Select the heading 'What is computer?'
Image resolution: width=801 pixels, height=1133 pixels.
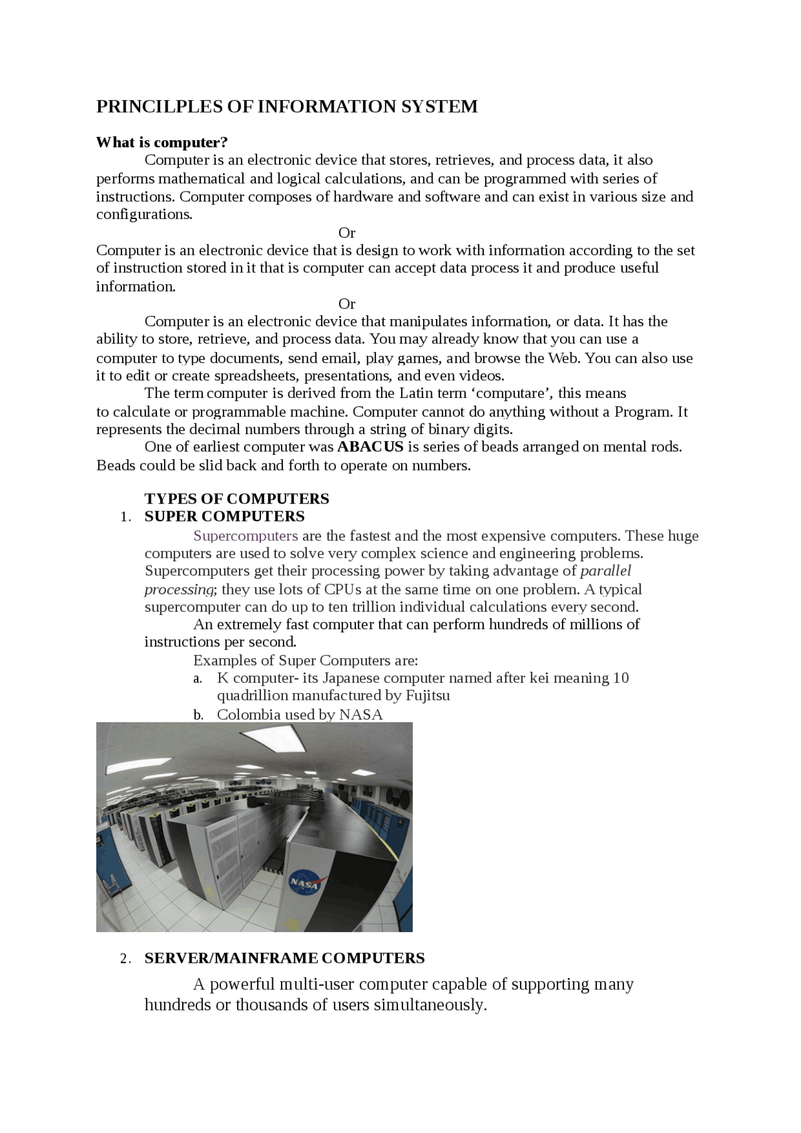pyautogui.click(x=161, y=143)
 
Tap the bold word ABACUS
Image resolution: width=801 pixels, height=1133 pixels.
pyautogui.click(x=370, y=447)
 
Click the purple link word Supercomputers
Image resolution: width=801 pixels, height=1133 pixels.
pyautogui.click(x=245, y=536)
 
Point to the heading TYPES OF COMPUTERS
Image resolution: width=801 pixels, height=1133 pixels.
pyautogui.click(x=237, y=499)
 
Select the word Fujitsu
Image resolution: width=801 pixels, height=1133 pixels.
pyautogui.click(x=427, y=696)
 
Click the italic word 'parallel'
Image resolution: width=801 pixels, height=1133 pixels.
pyautogui.click(x=605, y=571)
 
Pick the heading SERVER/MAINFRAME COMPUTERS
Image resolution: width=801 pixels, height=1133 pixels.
pyautogui.click(x=284, y=958)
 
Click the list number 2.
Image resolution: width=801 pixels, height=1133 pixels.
pyautogui.click(x=125, y=959)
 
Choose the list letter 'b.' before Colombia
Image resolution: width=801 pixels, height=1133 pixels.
pyautogui.click(x=198, y=715)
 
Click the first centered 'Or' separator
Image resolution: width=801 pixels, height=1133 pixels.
pyautogui.click(x=347, y=233)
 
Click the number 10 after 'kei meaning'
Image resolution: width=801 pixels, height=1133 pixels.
pyautogui.click(x=621, y=678)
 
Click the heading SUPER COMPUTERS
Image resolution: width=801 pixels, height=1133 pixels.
pyautogui.click(x=224, y=516)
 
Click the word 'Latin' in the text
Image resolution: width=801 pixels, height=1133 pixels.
pyautogui.click(x=416, y=394)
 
